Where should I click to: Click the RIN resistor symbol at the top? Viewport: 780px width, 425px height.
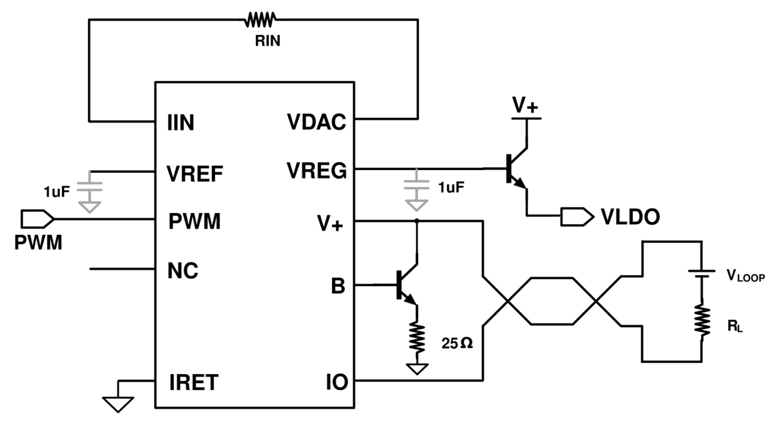260,20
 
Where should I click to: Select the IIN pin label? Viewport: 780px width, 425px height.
181,122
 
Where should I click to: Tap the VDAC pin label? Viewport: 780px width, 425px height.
316,122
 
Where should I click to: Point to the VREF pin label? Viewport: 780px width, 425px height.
194,173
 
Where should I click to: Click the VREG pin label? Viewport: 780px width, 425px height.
317,171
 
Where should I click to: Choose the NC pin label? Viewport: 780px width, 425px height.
183,271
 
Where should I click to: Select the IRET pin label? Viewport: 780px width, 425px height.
194,383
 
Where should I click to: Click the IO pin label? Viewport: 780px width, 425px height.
337,382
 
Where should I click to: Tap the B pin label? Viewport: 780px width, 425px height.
338,286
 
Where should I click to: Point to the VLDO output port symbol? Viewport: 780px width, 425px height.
577,217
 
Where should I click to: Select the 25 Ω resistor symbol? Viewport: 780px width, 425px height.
417,337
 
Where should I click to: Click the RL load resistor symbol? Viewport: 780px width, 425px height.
701,321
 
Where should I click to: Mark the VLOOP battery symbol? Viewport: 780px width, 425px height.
701,274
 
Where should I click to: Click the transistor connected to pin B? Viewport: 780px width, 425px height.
407,285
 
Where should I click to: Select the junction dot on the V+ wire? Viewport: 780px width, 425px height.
417,221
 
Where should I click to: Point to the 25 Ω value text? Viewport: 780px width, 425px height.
457,344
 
